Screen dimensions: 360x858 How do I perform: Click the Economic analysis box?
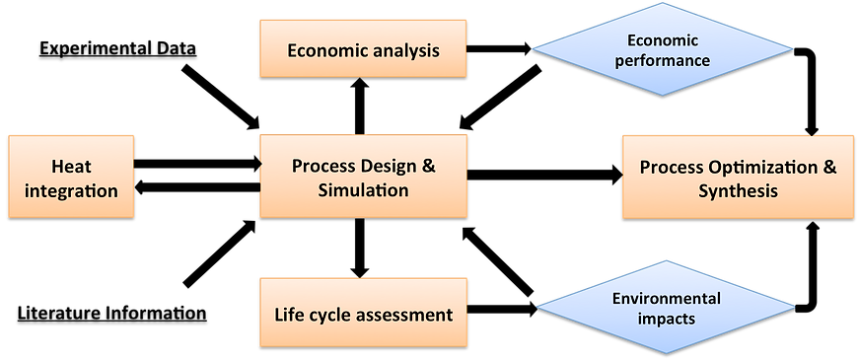[x=363, y=48]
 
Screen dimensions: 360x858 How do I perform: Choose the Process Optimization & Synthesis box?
[x=738, y=177]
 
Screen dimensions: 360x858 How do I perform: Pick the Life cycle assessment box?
[x=363, y=315]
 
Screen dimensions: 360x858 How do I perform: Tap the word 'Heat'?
[x=71, y=165]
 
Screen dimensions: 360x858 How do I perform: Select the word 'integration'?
[x=71, y=189]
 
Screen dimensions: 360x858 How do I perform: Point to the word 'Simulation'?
[x=363, y=189]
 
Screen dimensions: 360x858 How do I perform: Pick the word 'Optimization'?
[x=759, y=166]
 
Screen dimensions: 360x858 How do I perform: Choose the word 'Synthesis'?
[x=738, y=190]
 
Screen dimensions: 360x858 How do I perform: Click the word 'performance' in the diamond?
[x=663, y=59]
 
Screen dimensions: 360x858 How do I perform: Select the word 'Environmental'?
[x=667, y=298]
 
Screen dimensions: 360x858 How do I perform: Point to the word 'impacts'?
[x=667, y=319]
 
